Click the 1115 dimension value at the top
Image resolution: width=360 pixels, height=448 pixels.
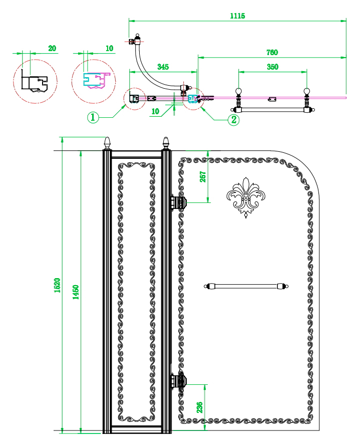237,16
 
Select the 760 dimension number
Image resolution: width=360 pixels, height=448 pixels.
272,52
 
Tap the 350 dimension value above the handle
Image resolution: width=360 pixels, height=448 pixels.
272,67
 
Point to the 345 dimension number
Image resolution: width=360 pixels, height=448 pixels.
163,67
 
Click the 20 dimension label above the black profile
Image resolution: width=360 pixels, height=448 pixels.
52,48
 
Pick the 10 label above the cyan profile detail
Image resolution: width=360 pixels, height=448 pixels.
109,48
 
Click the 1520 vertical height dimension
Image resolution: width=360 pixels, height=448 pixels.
57,285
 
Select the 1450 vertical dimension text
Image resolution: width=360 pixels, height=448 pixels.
76,292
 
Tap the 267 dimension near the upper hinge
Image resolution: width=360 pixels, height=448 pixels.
203,177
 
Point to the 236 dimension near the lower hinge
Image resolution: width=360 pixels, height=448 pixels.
200,407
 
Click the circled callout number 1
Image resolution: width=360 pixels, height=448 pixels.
93,117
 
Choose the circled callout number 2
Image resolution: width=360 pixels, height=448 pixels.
233,119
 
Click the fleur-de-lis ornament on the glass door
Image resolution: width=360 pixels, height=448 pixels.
246,197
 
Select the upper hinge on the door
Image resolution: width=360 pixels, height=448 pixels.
178,203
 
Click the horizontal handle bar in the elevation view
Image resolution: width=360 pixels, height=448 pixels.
246,286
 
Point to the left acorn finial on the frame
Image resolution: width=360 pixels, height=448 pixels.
107,143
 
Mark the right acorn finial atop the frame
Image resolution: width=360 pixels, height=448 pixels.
166,143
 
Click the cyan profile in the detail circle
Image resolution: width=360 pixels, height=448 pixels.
94,80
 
